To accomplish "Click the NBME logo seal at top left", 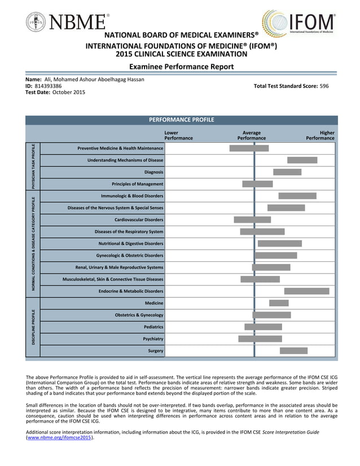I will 36,22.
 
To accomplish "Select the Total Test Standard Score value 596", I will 324,86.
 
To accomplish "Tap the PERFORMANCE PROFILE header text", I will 181,120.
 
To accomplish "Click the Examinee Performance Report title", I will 181,67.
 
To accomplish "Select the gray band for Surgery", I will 293,351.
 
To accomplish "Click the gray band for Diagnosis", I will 287,172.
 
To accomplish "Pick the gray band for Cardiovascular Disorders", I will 252,219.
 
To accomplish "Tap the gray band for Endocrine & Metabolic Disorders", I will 306,291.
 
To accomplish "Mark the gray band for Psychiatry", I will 260,339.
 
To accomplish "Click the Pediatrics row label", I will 153,327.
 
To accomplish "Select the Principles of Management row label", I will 137,184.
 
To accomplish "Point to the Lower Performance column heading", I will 178,135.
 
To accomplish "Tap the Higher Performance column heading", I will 320,135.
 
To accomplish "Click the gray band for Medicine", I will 279,303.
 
